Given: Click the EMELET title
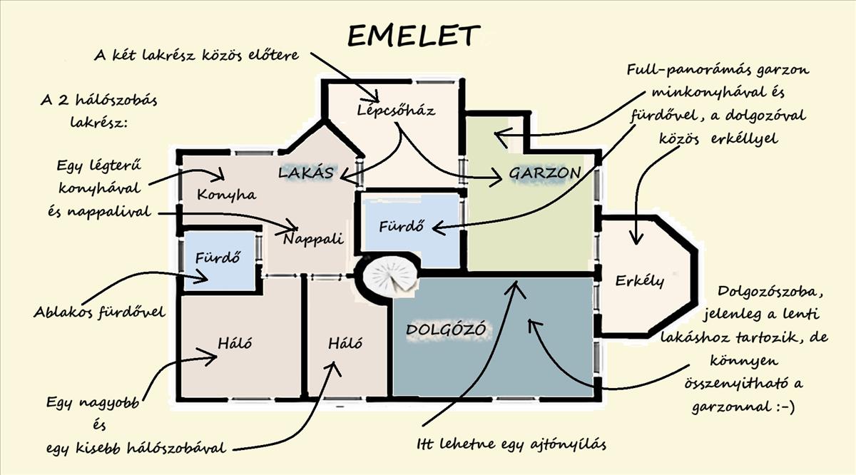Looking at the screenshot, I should (413, 36).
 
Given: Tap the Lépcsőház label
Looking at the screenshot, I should (396, 111).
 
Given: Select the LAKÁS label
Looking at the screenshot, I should (306, 173).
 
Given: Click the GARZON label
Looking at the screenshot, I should (544, 173).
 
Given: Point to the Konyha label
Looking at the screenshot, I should (226, 194).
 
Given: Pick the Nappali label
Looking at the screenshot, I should (313, 238).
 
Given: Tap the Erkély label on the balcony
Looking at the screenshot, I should (640, 280).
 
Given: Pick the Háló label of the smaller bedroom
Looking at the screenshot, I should (345, 343).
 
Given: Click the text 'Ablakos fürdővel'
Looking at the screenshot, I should (99, 312).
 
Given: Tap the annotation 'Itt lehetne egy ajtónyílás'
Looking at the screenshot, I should (511, 445).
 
